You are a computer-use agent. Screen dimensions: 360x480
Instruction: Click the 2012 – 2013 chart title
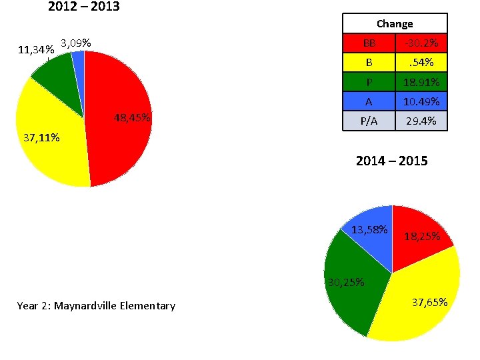click(x=84, y=7)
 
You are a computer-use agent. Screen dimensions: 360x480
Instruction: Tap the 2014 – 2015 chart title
click(x=391, y=161)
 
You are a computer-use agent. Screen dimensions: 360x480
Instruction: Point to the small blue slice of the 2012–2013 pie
click(x=79, y=59)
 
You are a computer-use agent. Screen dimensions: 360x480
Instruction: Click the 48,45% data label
click(x=132, y=119)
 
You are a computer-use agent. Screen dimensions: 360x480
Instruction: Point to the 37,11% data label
click(x=41, y=138)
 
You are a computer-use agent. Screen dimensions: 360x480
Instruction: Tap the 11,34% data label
click(x=36, y=49)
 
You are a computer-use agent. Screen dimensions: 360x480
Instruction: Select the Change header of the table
click(x=395, y=23)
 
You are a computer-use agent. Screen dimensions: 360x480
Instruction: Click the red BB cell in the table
click(x=368, y=43)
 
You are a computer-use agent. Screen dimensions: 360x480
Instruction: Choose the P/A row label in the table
click(x=368, y=121)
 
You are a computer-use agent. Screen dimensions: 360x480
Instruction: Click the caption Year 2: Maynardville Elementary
click(x=96, y=306)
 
